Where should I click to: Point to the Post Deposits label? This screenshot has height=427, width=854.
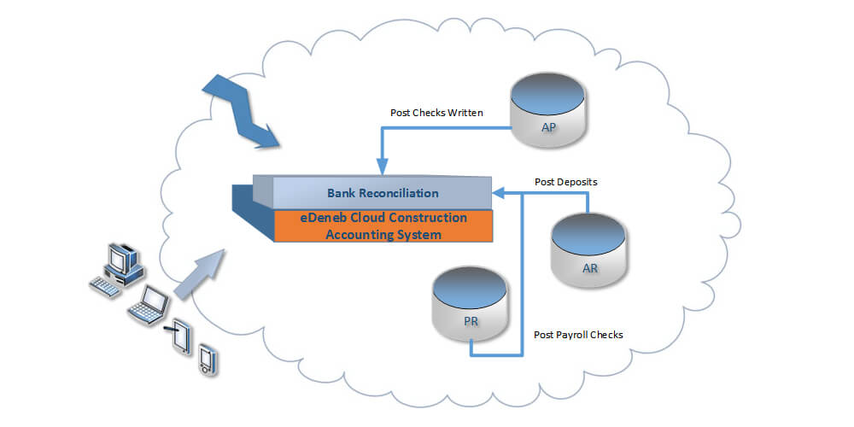click(565, 182)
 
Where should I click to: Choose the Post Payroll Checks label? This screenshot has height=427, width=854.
click(577, 335)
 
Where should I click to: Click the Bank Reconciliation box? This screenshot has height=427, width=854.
click(383, 193)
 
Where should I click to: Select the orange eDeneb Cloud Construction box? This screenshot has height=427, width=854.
click(383, 226)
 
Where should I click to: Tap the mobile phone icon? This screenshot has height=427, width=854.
click(206, 359)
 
